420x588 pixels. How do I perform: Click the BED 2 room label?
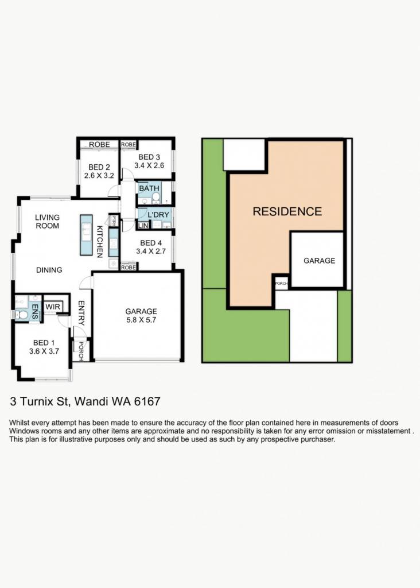pos(99,167)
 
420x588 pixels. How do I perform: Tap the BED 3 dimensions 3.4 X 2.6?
pos(149,165)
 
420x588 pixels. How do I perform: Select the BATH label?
pos(149,188)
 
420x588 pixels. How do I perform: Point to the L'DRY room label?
pos(158,215)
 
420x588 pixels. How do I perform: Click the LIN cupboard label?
pos(143,226)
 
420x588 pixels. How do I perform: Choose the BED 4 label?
pos(151,243)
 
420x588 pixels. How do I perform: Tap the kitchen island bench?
pos(86,235)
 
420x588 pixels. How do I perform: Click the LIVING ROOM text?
pos(47,222)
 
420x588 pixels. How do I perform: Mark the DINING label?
pos(49,270)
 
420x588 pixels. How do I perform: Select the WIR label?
pos(52,307)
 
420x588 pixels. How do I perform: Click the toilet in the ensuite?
pos(22,315)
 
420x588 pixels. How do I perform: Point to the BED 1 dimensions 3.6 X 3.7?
pos(44,351)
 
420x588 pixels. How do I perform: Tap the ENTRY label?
pos(81,313)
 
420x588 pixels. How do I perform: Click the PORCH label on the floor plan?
pos(80,351)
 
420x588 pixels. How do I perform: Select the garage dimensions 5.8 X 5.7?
pos(141,320)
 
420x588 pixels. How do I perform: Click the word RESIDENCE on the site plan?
pos(287,211)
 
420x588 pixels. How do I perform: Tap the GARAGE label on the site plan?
pos(319,261)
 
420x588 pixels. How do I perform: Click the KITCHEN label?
pos(100,242)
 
